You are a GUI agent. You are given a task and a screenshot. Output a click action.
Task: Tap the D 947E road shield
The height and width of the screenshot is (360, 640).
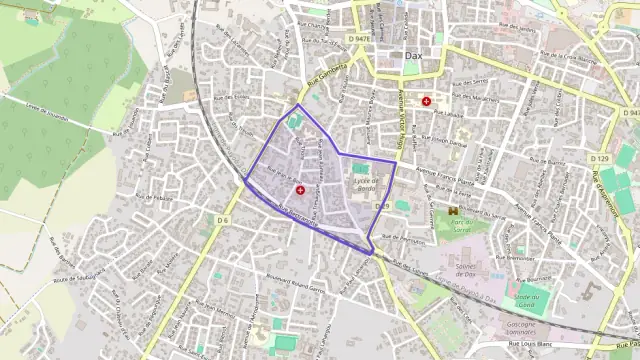point(362,39)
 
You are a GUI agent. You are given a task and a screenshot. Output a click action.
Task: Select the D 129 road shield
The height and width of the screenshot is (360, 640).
point(599,159)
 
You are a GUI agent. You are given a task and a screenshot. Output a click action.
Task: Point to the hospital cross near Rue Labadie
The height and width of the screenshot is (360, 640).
point(428,101)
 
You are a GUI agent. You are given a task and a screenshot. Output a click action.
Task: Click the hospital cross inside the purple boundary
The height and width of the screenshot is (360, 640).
point(300,188)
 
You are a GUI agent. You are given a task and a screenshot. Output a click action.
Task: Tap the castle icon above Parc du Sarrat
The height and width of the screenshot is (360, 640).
point(454,211)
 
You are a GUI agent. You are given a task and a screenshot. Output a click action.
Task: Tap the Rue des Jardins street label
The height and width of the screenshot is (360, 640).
point(515,29)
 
